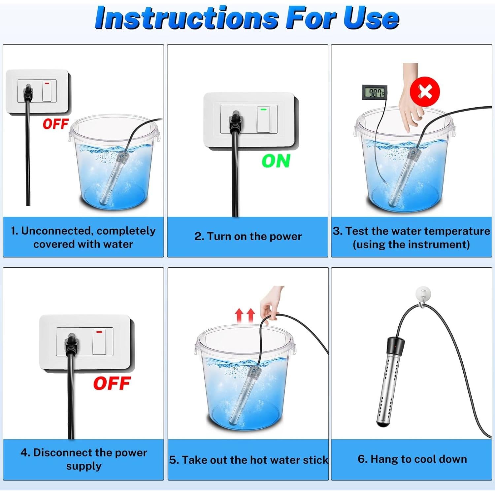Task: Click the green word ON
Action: pyautogui.click(x=276, y=161)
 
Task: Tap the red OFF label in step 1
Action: pyautogui.click(x=55, y=124)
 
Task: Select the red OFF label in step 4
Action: pyautogui.click(x=112, y=383)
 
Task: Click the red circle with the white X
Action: pyautogui.click(x=425, y=92)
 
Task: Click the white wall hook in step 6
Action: pyautogui.click(x=423, y=296)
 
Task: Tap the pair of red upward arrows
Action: pyautogui.click(x=245, y=315)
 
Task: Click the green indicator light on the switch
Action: pyautogui.click(x=263, y=109)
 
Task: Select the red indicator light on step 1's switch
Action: pyautogui.click(x=47, y=83)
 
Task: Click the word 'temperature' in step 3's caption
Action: pyautogui.click(x=449, y=231)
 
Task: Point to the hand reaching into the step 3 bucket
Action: pyautogui.click(x=411, y=99)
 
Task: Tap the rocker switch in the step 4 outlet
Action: pyautogui.click(x=99, y=342)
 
